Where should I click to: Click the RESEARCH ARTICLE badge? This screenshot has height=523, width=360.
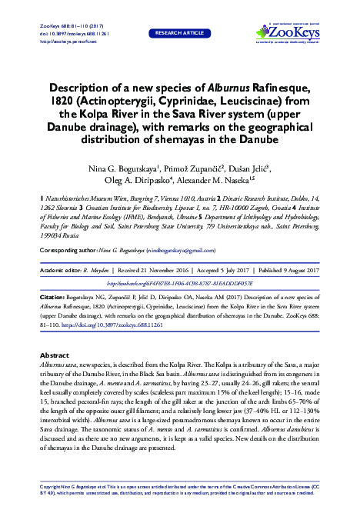click(x=180, y=34)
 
